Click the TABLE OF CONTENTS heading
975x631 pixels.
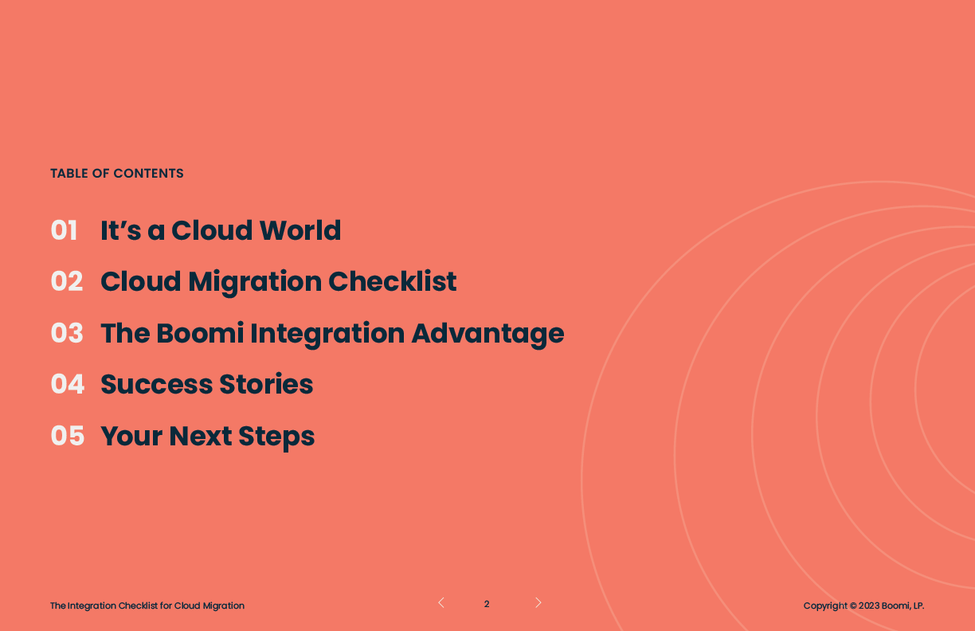116,174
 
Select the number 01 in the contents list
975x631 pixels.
64,230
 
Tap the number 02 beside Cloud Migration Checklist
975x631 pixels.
67,281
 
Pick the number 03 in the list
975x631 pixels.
67,333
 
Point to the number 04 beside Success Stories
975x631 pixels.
68,384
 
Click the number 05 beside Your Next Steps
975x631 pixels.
68,436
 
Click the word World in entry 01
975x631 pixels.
300,230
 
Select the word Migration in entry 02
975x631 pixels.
255,282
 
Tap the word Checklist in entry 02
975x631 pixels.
392,281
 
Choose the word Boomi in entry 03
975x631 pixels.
200,333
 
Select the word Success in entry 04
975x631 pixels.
157,385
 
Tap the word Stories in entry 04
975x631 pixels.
266,384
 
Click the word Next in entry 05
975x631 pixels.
201,436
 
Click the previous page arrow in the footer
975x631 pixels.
441,602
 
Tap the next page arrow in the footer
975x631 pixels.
538,602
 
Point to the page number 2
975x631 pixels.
487,604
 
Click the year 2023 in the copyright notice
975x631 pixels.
869,606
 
